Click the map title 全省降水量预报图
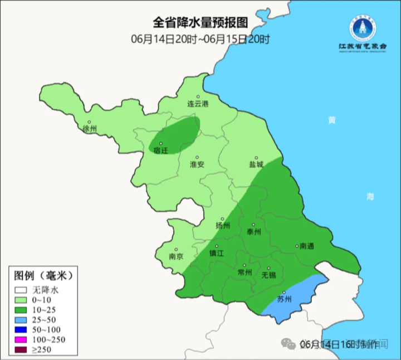click(200, 22)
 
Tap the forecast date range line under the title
click(200, 39)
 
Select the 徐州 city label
click(89, 129)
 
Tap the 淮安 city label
click(197, 164)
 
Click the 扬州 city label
click(223, 226)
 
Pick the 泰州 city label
click(253, 232)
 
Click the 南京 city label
click(177, 257)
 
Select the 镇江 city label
click(217, 252)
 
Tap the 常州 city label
click(244, 273)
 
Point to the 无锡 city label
click(268, 275)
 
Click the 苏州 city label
click(284, 299)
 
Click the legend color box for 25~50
click(21, 320)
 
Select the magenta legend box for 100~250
click(21, 340)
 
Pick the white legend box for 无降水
click(21, 290)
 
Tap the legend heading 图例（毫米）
click(43, 275)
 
